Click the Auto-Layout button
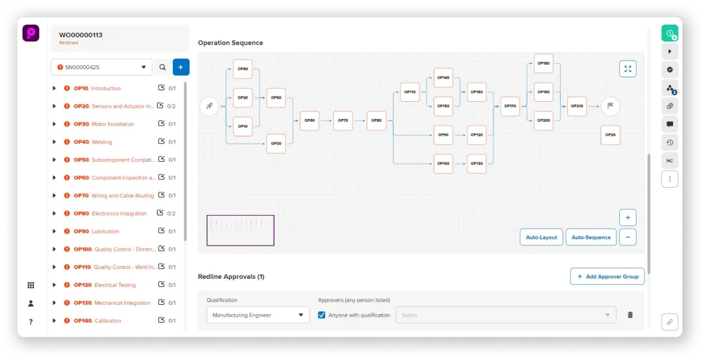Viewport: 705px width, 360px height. coord(541,238)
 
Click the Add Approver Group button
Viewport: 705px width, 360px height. coord(607,277)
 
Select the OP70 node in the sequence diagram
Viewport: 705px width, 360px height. coord(343,120)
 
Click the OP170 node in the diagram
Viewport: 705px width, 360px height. coord(510,106)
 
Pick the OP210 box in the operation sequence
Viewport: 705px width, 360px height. coord(577,106)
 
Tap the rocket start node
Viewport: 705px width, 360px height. coord(210,106)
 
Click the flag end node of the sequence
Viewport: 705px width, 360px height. coord(610,106)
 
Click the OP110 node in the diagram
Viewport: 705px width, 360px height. coord(410,92)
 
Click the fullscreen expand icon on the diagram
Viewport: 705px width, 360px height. coord(627,69)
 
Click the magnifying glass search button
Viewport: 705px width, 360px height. coord(162,67)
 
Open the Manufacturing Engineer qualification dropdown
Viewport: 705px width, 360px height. coord(258,315)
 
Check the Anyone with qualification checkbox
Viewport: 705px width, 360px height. coord(322,315)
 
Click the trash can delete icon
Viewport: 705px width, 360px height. coord(631,315)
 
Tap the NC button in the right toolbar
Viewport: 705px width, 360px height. coord(670,160)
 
